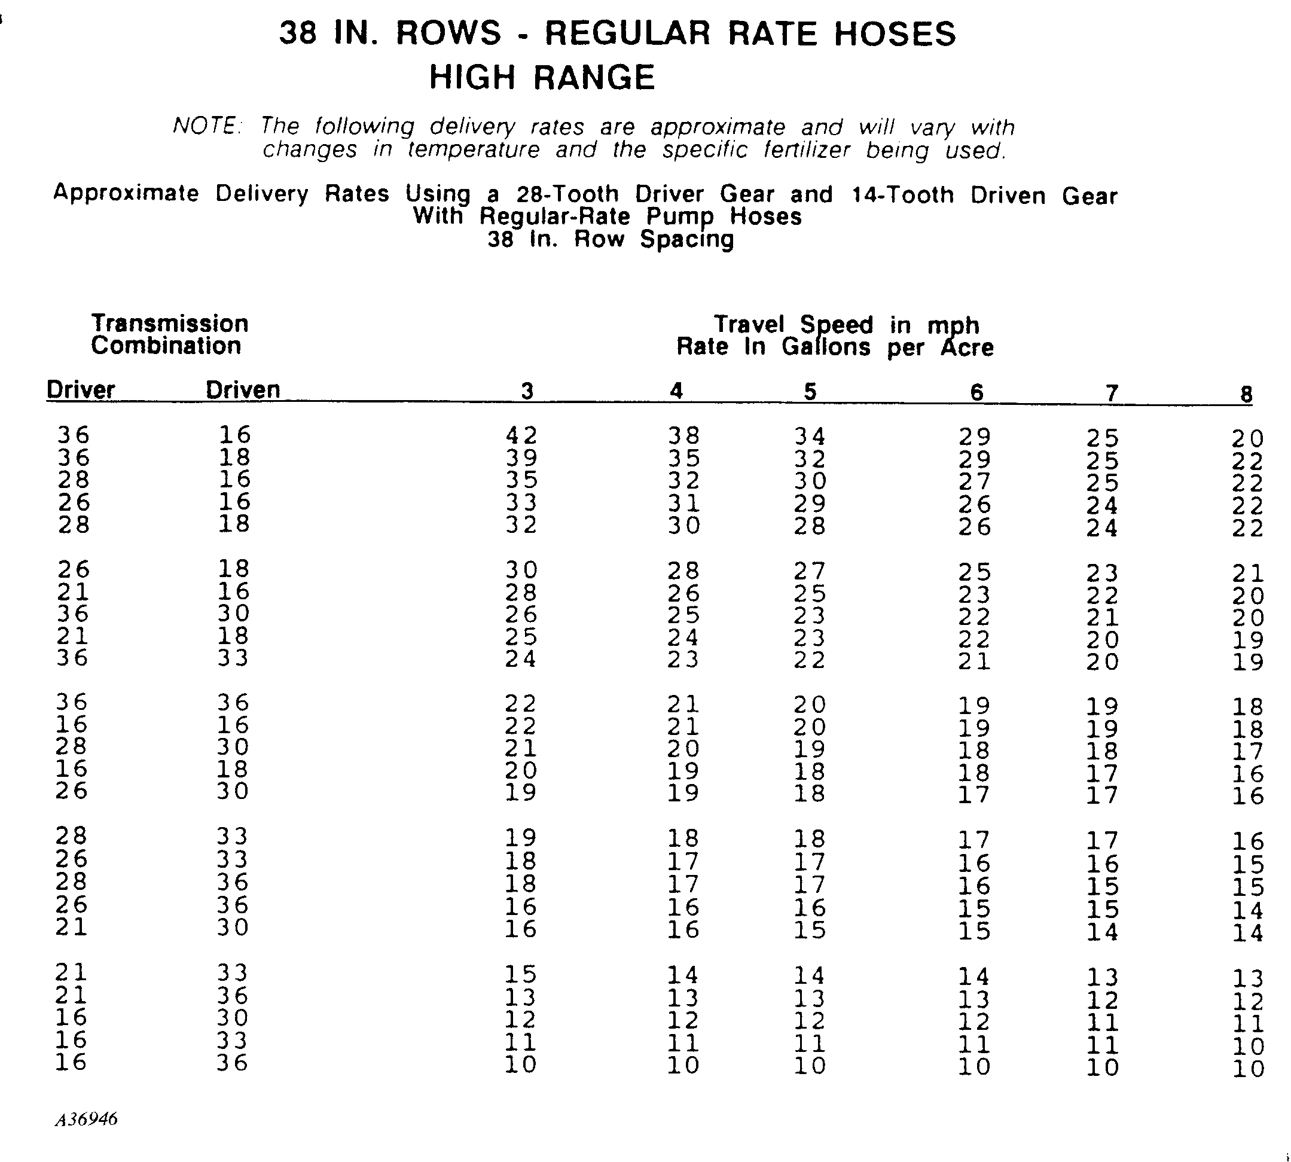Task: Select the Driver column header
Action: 81,389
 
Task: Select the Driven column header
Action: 243,389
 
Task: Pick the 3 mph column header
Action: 526,391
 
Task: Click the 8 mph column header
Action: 1246,394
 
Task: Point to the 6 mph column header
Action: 976,392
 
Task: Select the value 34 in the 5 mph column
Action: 810,437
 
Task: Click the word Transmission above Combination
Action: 170,324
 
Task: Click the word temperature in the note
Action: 473,150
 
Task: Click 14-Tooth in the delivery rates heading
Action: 903,195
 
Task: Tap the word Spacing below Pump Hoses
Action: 687,239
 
